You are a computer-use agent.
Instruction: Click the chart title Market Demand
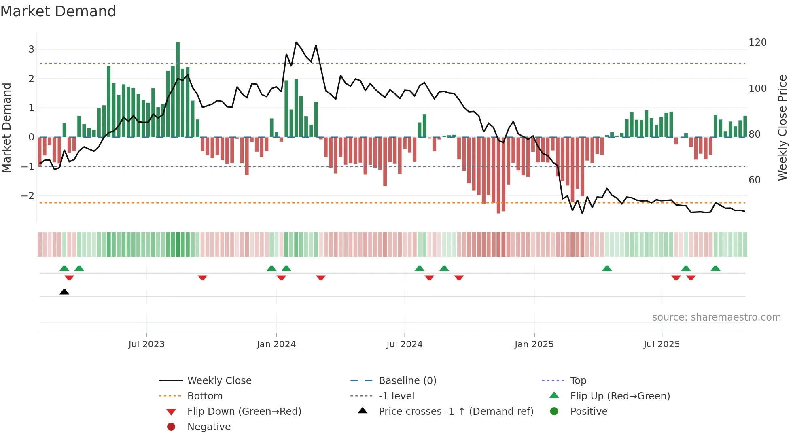click(58, 11)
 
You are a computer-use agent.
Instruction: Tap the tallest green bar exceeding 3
click(178, 89)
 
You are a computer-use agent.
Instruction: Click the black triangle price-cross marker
click(64, 292)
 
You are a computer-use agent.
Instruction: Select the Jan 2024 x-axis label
click(276, 344)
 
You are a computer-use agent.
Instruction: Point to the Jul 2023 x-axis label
click(146, 344)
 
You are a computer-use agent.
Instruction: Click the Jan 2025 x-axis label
click(534, 344)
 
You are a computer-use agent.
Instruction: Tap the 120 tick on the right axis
click(757, 42)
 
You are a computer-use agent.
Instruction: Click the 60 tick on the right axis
click(754, 180)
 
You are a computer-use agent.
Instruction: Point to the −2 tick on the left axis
click(28, 196)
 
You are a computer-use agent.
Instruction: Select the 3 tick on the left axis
click(31, 49)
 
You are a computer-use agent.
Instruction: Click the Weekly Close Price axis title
click(782, 127)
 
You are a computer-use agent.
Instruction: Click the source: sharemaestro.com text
click(716, 317)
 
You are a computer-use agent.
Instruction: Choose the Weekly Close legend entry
click(219, 380)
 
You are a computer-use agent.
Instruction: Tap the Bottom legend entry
click(205, 396)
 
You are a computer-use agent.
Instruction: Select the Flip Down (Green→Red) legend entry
click(244, 411)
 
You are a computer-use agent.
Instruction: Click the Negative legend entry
click(209, 427)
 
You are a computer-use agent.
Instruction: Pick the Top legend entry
click(578, 380)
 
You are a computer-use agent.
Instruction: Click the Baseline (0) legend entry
click(407, 380)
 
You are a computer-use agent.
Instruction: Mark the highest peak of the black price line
click(296, 42)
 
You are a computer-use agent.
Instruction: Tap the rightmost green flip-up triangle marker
click(715, 268)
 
